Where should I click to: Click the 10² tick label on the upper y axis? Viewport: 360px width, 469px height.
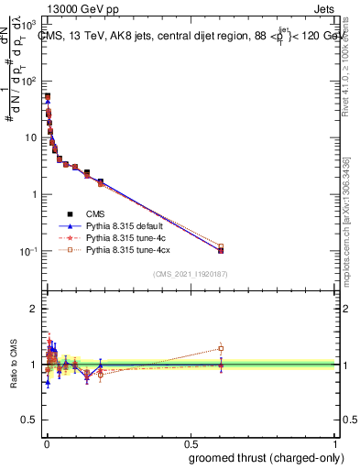coord(27,81)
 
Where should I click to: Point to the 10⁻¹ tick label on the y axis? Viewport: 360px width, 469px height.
coord(27,251)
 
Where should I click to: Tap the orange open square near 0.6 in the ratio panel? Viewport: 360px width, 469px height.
coord(221,348)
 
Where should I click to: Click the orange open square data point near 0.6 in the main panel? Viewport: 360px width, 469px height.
coord(221,246)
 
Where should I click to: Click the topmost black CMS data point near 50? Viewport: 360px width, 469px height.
coord(47,96)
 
